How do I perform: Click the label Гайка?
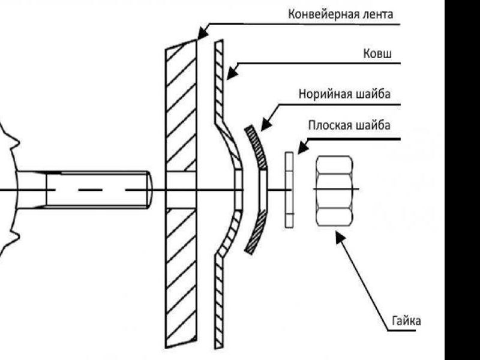407,321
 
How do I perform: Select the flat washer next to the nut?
289,190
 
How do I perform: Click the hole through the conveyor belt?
181,190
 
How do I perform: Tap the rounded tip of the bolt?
148,190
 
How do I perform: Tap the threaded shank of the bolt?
96,190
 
